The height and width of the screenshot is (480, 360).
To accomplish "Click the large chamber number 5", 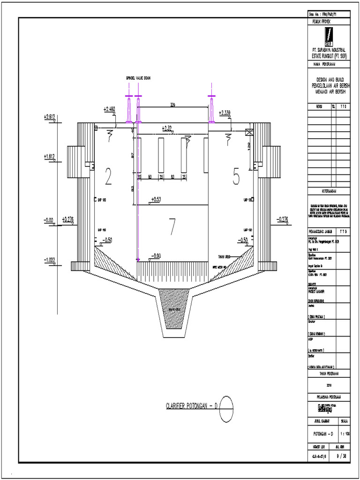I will click(x=236, y=177).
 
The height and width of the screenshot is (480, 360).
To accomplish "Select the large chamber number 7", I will click(x=172, y=227).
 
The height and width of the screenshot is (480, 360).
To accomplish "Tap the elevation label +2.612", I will click(x=50, y=116).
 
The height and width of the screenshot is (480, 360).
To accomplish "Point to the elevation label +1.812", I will click(x=50, y=156).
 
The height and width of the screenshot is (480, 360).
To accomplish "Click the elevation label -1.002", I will click(x=50, y=260).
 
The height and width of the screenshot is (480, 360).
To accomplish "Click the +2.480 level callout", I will click(x=109, y=109).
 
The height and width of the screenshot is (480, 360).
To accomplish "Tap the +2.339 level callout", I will click(x=225, y=112).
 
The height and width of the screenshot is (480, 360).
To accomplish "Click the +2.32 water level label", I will click(x=167, y=127).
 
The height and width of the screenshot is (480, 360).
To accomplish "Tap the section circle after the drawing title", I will click(x=226, y=404).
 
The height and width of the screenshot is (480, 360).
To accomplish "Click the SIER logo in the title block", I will click(x=329, y=36).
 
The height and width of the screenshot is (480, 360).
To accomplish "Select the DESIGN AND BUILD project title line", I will click(x=329, y=80).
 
